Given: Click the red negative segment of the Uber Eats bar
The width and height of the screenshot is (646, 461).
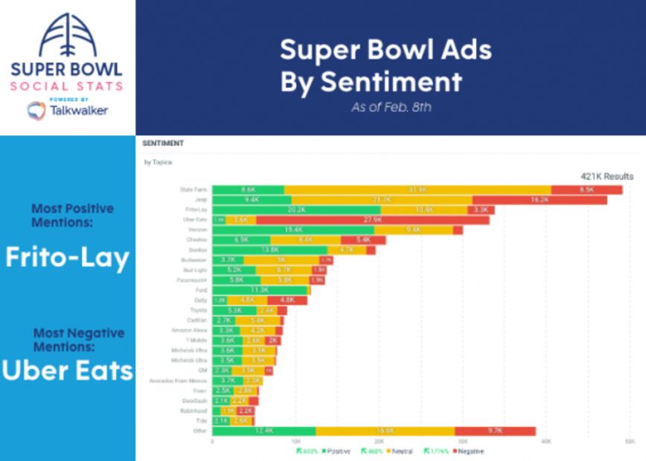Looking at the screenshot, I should point(373,220).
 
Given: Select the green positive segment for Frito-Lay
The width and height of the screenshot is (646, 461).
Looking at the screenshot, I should point(296,210).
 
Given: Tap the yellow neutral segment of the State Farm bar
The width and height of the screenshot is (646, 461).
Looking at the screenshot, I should point(418,190).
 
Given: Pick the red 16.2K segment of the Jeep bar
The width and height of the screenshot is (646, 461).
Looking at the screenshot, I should point(539,200).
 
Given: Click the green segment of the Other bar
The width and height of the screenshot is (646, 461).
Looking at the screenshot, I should point(263,431).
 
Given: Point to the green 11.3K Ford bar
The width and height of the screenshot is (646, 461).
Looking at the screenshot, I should point(259,290).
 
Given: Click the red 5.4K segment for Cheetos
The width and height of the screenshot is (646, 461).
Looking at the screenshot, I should point(363,240).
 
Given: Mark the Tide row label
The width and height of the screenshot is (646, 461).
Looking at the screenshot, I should point(201,421).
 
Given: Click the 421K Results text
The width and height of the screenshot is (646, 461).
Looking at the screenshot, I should point(607,176).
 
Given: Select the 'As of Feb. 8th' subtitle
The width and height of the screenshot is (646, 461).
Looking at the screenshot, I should point(391,107).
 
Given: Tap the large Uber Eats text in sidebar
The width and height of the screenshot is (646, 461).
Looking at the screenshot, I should point(67,370).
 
